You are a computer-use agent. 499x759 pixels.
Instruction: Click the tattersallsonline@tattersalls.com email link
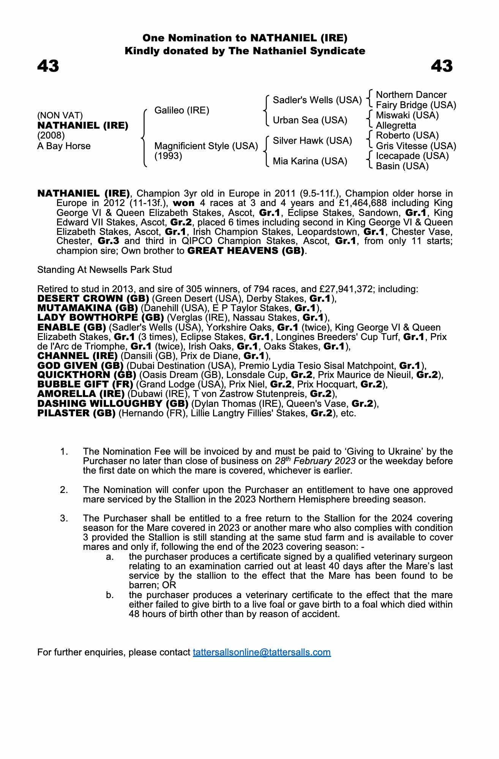click(x=262, y=652)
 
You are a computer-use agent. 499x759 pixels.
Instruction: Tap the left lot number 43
click(x=48, y=66)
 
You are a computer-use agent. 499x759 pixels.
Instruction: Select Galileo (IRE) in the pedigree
click(x=182, y=110)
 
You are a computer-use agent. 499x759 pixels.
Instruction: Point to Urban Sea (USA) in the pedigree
click(x=310, y=120)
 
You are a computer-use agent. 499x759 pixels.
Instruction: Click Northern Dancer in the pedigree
click(x=411, y=95)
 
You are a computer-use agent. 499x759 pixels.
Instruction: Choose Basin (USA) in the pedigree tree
click(x=402, y=166)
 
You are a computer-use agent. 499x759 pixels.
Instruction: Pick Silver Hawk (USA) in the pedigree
click(x=312, y=141)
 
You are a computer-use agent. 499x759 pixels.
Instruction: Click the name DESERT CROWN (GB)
click(x=93, y=299)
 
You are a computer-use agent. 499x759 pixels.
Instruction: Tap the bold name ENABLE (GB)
click(x=71, y=327)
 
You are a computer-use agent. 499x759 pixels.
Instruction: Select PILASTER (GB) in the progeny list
click(x=76, y=413)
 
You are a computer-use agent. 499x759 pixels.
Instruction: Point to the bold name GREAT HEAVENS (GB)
click(x=246, y=251)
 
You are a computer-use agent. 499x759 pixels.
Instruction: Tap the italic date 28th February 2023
click(x=315, y=461)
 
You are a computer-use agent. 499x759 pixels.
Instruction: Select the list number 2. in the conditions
click(x=64, y=490)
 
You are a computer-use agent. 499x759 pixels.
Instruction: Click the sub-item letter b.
click(x=110, y=595)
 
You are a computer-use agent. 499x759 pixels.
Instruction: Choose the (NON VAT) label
click(x=60, y=115)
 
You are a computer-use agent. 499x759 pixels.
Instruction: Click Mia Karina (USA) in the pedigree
click(x=310, y=161)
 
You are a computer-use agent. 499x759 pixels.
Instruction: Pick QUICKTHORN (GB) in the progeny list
click(x=87, y=375)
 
